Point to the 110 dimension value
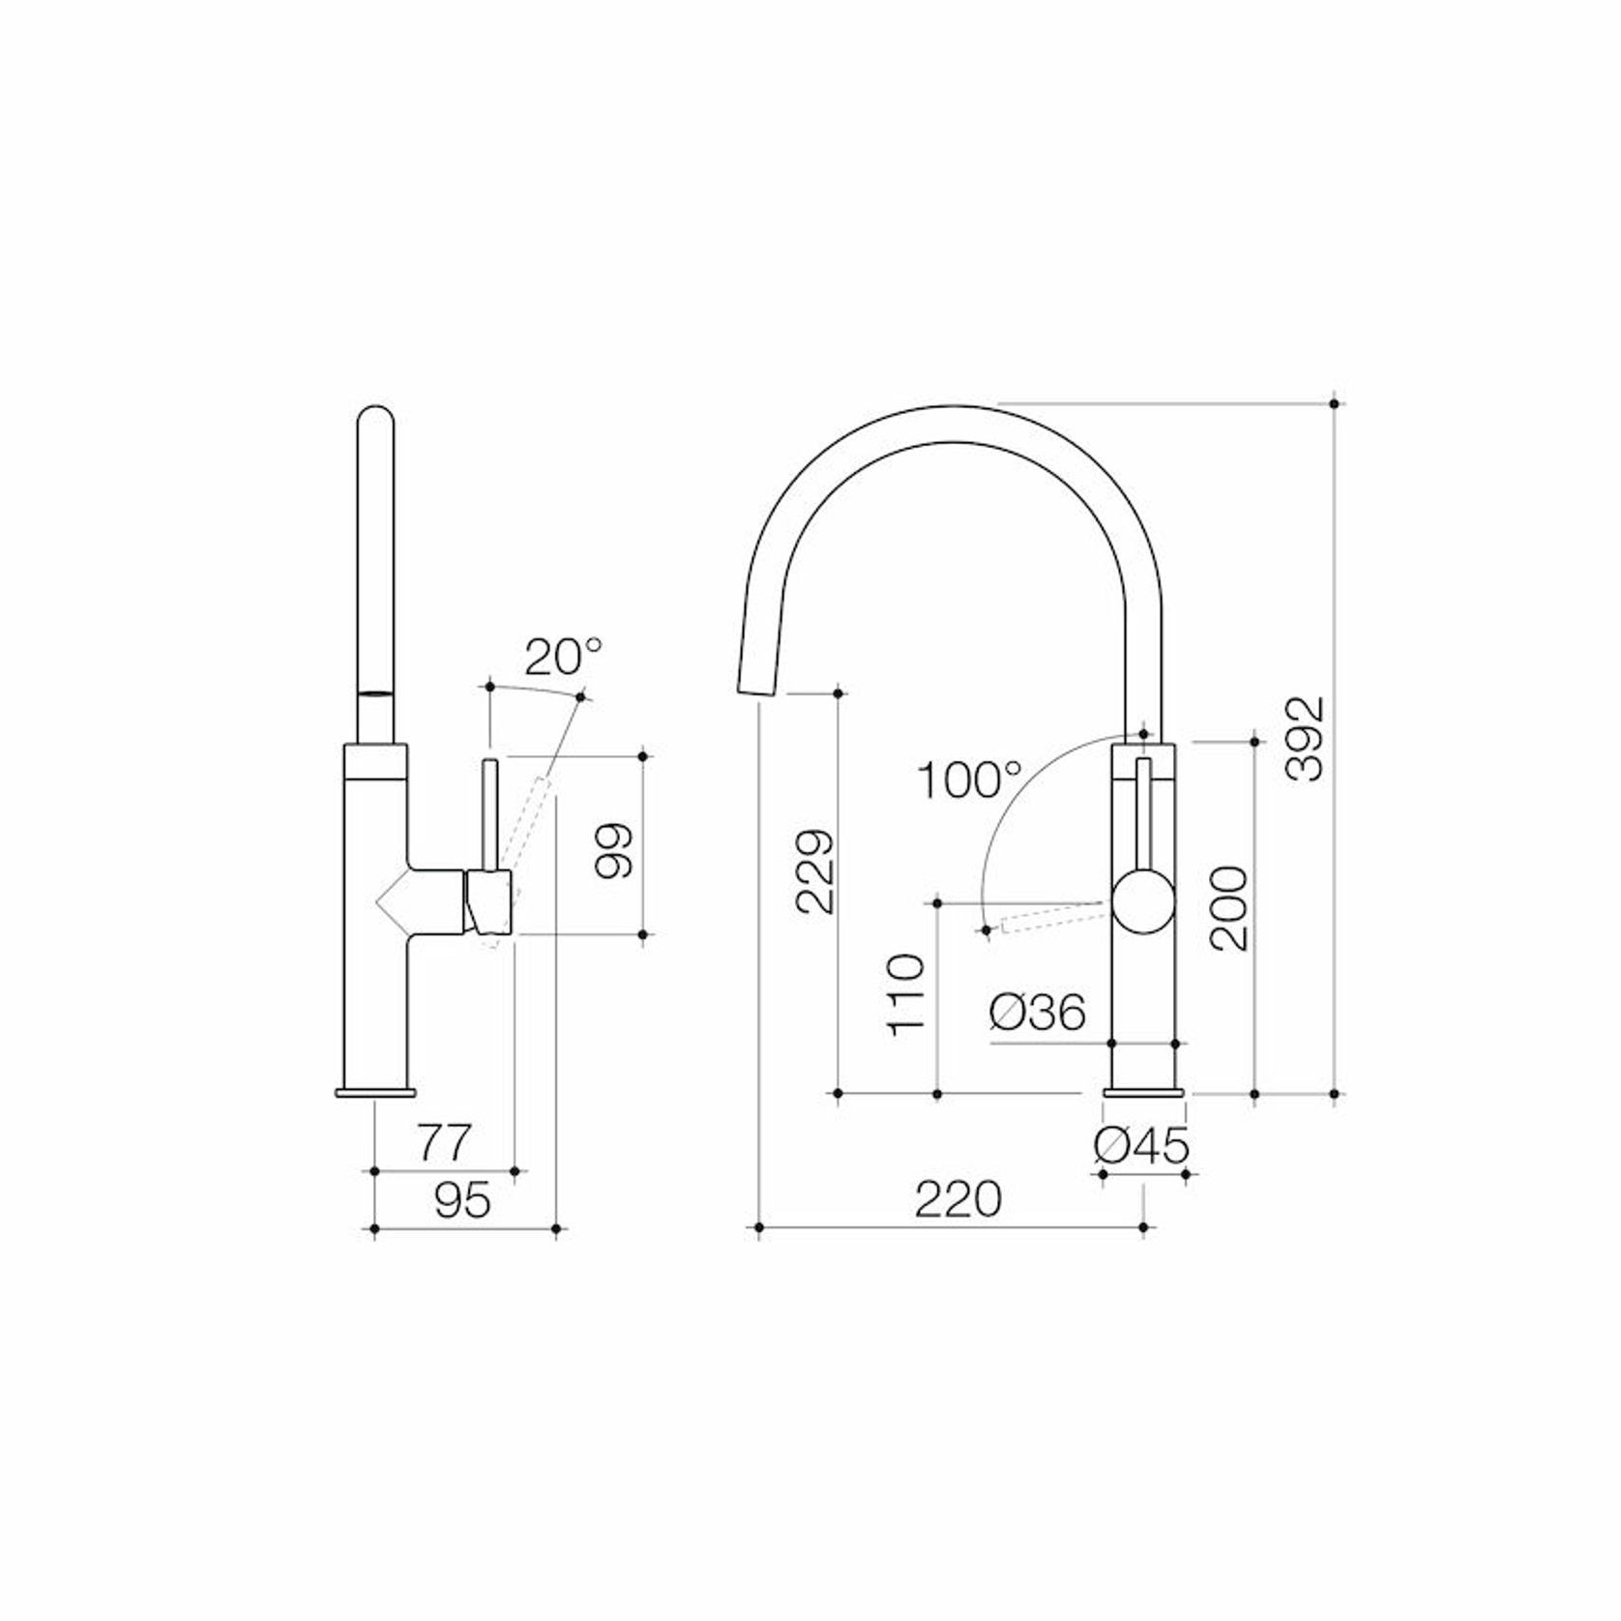click(907, 994)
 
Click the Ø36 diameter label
click(1037, 1014)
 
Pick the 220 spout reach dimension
click(958, 1200)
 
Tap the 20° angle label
click(563, 659)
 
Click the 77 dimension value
click(444, 1143)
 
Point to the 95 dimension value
click(462, 1201)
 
